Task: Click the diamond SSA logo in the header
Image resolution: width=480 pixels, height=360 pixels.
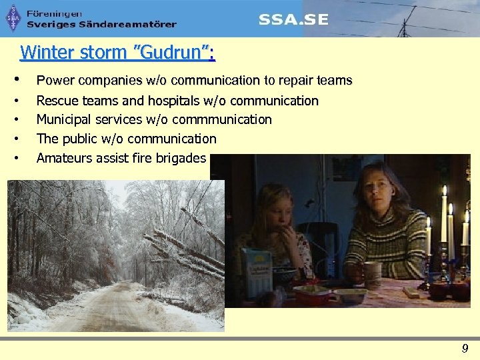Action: (13, 19)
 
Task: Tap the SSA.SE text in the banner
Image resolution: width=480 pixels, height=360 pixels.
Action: (293, 20)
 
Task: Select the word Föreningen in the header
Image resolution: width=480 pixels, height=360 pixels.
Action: (55, 13)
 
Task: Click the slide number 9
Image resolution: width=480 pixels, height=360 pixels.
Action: (465, 347)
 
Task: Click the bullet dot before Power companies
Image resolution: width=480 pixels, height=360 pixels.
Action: (25, 80)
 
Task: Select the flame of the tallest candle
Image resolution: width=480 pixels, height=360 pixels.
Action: (444, 192)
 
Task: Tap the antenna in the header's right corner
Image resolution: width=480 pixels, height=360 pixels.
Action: (403, 25)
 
